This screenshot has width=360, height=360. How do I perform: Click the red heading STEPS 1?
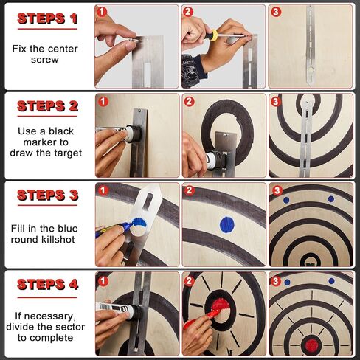pyautogui.click(x=47, y=18)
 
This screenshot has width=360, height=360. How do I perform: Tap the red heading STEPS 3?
pyautogui.click(x=47, y=195)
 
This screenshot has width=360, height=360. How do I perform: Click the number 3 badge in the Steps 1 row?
pyautogui.click(x=276, y=12)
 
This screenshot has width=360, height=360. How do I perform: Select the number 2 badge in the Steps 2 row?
pyautogui.click(x=189, y=101)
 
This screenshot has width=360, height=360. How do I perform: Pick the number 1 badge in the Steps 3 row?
pyautogui.click(x=102, y=190)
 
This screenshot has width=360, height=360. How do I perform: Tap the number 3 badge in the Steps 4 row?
pyautogui.click(x=276, y=280)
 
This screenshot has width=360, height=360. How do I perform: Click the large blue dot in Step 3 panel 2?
pyautogui.click(x=226, y=224)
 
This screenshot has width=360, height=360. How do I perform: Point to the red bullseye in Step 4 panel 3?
pyautogui.click(x=311, y=345)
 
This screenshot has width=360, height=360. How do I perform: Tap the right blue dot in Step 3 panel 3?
pyautogui.click(x=330, y=198)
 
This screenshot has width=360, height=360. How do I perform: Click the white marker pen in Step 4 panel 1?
pyautogui.click(x=117, y=311)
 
